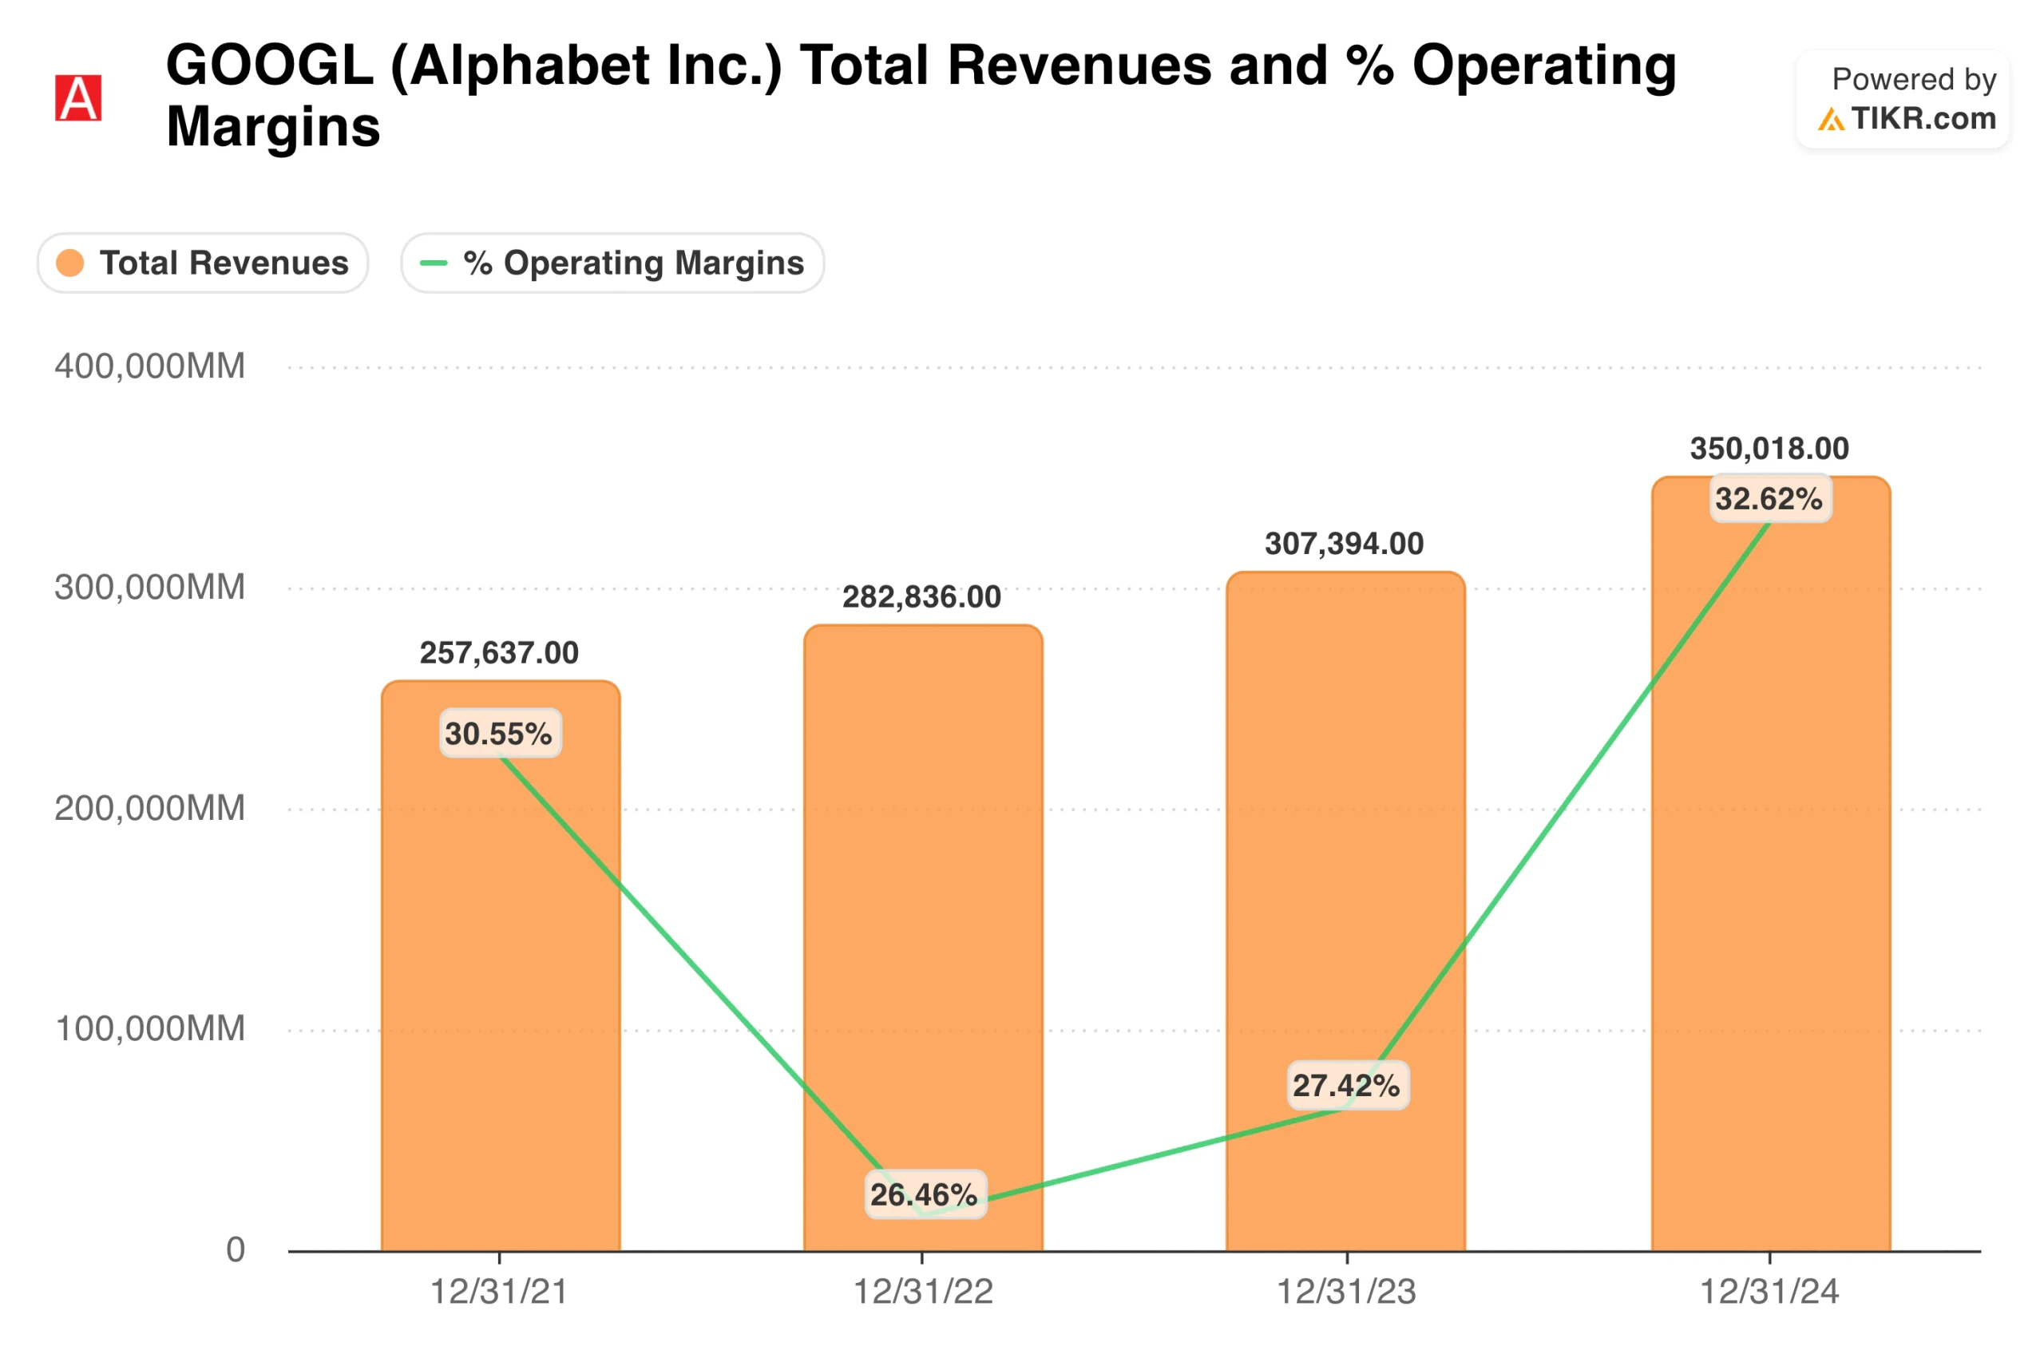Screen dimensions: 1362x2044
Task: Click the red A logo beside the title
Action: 78,98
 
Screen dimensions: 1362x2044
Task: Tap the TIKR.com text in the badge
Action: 1923,118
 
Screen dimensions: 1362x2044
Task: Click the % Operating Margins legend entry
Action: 612,263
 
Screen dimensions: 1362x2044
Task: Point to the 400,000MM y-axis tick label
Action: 149,366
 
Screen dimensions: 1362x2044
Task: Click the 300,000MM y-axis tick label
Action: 149,587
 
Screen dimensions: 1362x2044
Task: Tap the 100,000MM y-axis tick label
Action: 149,1028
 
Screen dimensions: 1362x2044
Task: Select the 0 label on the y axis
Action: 236,1250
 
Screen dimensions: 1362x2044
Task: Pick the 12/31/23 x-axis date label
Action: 1345,1292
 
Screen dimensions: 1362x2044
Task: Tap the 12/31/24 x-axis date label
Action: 1769,1292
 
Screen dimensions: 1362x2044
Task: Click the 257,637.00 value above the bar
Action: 500,653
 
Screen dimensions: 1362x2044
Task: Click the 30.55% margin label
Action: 500,734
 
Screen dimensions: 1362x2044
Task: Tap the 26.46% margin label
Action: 925,1195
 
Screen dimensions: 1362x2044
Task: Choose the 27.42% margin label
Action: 1346,1086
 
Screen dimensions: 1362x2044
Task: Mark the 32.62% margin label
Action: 1769,500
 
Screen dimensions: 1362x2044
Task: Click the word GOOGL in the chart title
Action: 269,66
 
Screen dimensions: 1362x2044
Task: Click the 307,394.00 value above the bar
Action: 1345,544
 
